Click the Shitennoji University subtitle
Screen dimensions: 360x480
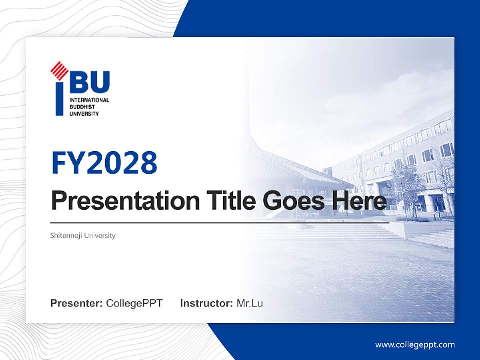coord(83,235)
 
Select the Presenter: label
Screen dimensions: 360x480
coord(77,303)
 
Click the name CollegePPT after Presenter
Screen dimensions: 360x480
coord(134,303)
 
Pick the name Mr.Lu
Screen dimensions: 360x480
coord(250,303)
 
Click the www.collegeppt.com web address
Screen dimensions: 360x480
coord(415,345)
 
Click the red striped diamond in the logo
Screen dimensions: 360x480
coord(59,70)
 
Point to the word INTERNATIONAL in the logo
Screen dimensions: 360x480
coord(89,101)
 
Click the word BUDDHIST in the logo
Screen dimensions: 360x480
coord(82,107)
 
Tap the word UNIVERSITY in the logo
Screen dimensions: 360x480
coord(84,114)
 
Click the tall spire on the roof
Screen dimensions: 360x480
coord(246,100)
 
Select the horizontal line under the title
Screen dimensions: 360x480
coord(220,223)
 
